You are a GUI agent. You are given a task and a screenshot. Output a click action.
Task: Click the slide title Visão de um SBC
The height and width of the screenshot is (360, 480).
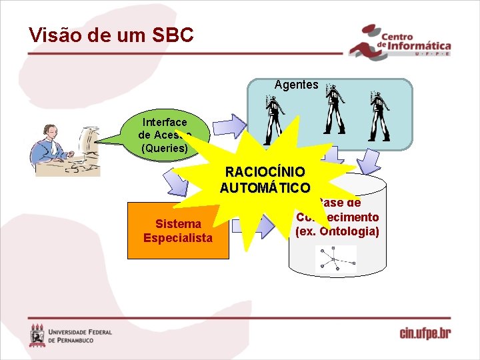(x=111, y=35)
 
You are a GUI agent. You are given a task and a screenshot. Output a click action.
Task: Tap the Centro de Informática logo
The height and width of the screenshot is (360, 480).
(x=400, y=43)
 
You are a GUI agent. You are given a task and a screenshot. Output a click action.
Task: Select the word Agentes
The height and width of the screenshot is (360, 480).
(x=296, y=85)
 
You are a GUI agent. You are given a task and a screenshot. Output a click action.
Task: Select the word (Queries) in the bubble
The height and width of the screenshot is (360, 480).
(x=164, y=148)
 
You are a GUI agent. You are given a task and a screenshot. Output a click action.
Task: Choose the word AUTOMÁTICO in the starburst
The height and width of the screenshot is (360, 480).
(x=265, y=187)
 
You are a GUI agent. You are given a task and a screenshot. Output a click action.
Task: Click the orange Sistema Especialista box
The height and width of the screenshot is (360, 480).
(x=178, y=230)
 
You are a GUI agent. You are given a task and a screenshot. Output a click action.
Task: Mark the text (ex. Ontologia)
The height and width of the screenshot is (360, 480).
(x=337, y=231)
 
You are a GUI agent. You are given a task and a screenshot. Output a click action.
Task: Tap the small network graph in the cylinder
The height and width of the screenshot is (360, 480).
(x=336, y=259)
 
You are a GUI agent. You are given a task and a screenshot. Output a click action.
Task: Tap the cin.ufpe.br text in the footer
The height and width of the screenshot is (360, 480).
(x=425, y=333)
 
